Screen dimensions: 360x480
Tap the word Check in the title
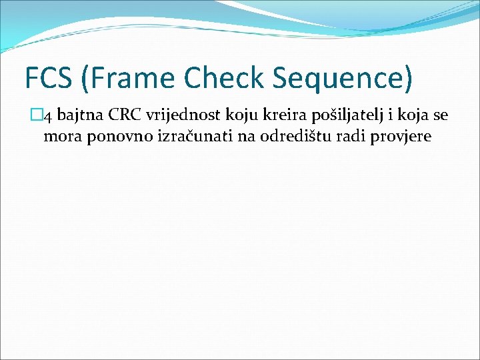click(x=223, y=77)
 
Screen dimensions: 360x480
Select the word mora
click(x=59, y=137)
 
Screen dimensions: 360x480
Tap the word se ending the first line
click(x=439, y=116)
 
